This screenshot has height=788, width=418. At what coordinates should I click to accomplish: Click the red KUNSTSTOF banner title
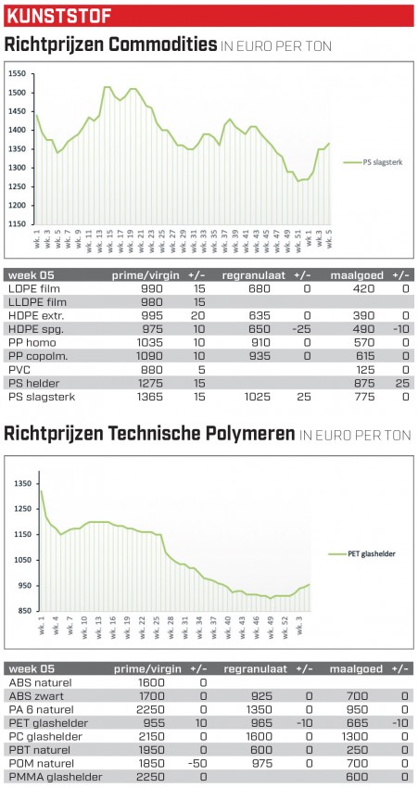(58, 16)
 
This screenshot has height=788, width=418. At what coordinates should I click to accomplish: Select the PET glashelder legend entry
(361, 553)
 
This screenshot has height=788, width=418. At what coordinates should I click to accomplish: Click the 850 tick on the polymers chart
(25, 611)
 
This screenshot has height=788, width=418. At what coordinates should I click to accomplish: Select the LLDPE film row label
(38, 302)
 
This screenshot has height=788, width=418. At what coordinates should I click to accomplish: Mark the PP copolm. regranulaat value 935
(259, 356)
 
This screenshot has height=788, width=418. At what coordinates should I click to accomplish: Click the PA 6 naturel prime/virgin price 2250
(151, 709)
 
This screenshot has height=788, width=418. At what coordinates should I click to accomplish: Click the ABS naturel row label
(40, 682)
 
